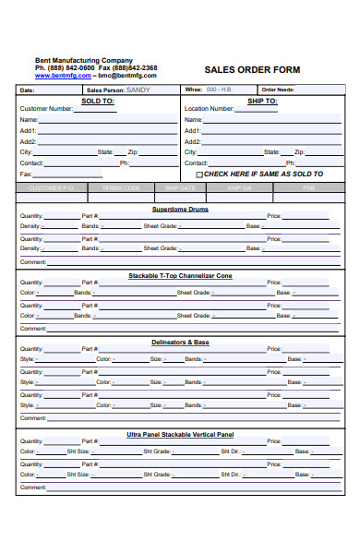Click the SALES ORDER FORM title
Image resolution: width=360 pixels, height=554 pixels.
click(x=252, y=69)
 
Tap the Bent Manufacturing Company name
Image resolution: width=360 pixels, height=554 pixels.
click(x=84, y=60)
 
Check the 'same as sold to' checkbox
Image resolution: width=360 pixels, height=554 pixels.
click(x=199, y=174)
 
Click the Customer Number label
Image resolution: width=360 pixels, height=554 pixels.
click(x=46, y=109)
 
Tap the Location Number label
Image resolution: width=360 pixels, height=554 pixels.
click(x=210, y=109)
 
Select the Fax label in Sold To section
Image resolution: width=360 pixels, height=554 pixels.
click(x=26, y=174)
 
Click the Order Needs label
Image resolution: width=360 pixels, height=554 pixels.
click(x=278, y=90)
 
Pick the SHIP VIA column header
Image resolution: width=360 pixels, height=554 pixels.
click(x=238, y=187)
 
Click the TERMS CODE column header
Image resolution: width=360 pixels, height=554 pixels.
click(x=122, y=187)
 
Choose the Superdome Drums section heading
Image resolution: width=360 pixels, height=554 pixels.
click(x=180, y=210)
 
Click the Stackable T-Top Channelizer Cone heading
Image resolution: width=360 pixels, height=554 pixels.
click(x=180, y=276)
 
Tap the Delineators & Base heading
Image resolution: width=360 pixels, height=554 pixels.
click(x=180, y=343)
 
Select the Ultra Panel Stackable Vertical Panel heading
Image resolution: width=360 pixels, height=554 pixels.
click(x=180, y=434)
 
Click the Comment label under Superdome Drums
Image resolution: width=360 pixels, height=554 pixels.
click(x=32, y=261)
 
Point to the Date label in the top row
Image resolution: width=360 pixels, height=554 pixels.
click(x=27, y=90)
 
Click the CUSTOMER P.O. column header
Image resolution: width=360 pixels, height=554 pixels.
click(x=52, y=187)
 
